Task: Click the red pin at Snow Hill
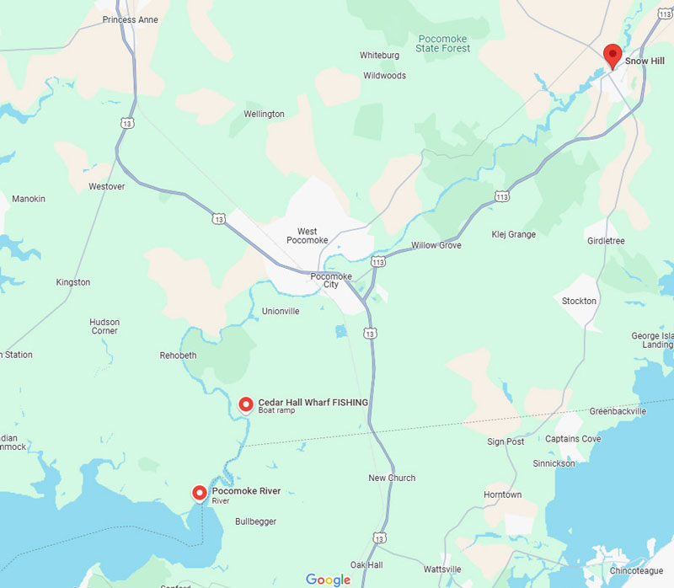point(612,56)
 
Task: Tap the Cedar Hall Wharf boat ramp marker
point(246,405)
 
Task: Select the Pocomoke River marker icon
point(200,494)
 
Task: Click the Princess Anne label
point(131,19)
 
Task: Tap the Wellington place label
point(264,115)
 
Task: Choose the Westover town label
point(106,186)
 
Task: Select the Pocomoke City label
point(331,281)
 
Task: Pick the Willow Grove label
point(436,246)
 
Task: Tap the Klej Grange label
point(513,235)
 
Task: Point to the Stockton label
point(579,301)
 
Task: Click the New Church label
point(392,478)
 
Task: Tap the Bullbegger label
point(255,522)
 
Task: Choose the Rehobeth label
point(178,355)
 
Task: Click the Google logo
point(328,580)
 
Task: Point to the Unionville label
point(281,312)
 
